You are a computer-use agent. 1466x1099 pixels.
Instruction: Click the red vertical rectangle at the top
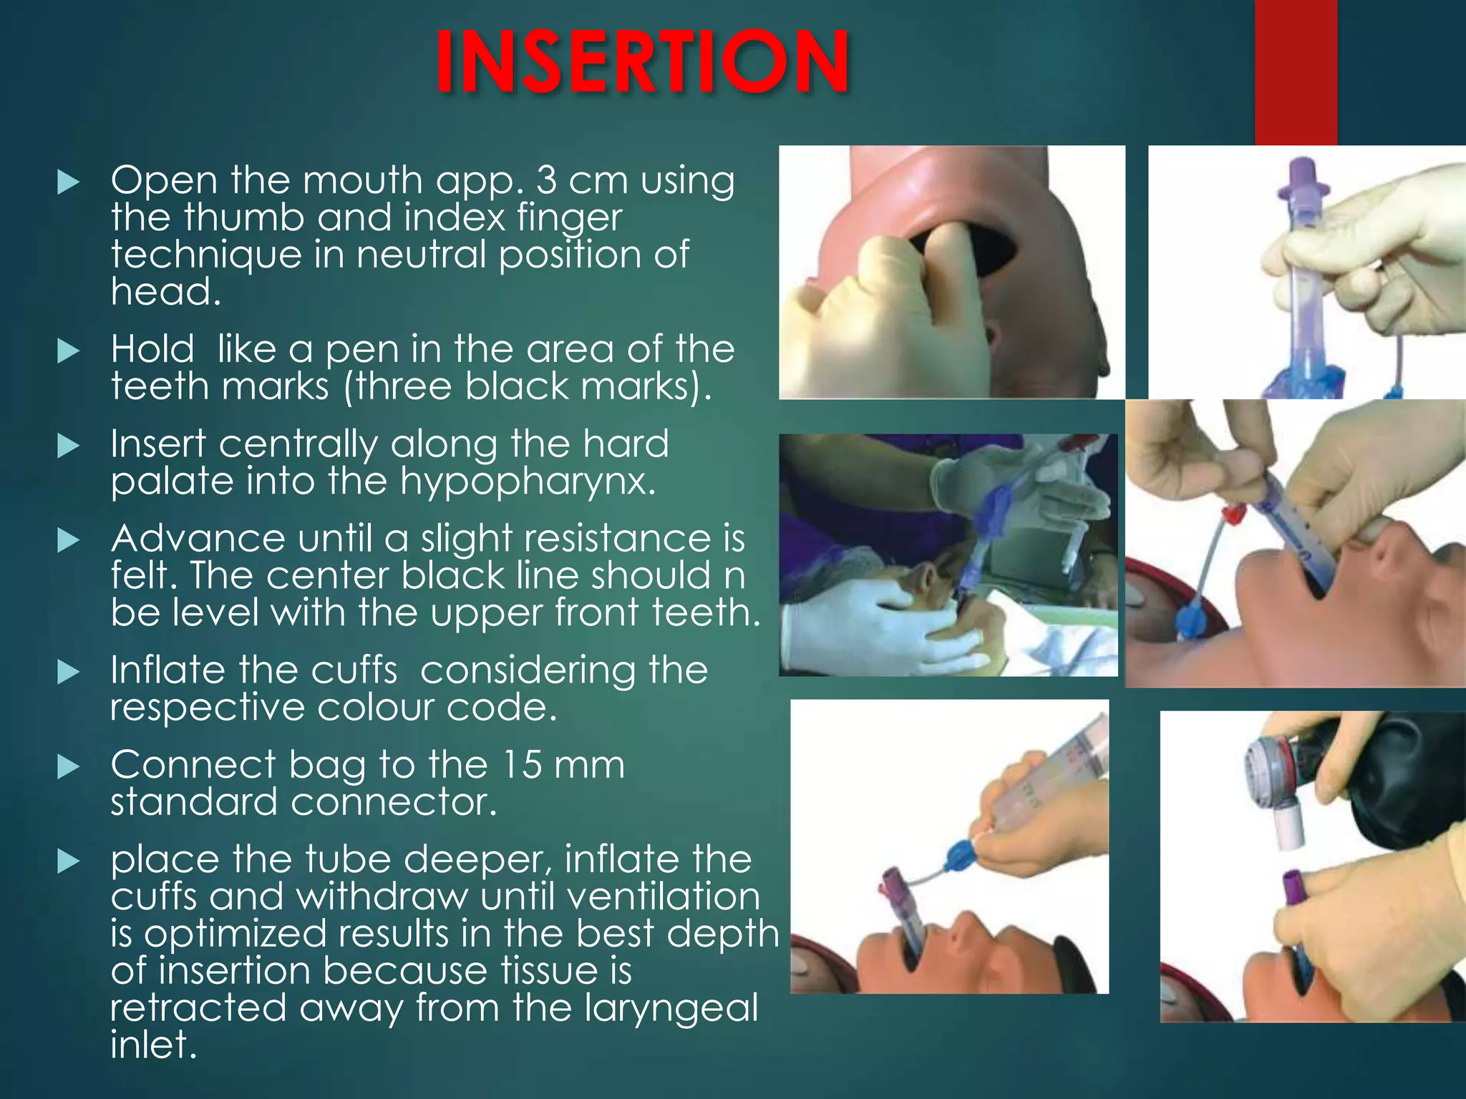click(x=1296, y=72)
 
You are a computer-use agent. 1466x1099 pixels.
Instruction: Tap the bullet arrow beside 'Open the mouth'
click(x=68, y=182)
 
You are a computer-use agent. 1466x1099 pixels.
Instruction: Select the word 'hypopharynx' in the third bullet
click(x=527, y=482)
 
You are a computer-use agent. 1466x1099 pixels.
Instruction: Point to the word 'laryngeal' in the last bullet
click(x=671, y=1007)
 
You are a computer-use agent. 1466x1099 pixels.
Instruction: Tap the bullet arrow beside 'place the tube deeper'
click(x=68, y=861)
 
